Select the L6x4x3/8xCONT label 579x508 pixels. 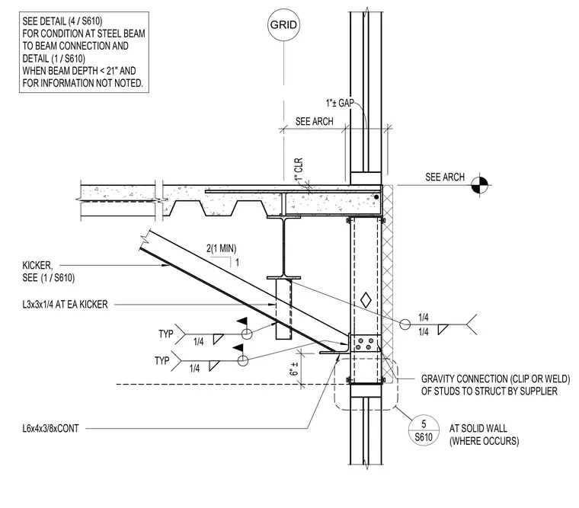[x=50, y=429]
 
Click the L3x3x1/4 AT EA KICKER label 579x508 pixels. [x=65, y=305]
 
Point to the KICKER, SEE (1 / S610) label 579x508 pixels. [x=48, y=271]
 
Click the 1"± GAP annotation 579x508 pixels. [x=340, y=103]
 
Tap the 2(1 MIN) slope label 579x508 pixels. [x=221, y=248]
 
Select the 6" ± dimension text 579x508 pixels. [x=294, y=368]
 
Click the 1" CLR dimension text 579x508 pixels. [x=299, y=169]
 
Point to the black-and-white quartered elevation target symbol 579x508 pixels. [x=480, y=184]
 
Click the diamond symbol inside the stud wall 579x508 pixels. [x=366, y=300]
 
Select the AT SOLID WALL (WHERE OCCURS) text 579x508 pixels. [x=484, y=435]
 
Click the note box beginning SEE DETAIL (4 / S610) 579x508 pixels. [x=84, y=52]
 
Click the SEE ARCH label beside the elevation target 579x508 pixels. [x=445, y=177]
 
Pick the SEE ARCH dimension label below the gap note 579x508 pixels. [x=314, y=121]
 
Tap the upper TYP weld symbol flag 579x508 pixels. [x=242, y=321]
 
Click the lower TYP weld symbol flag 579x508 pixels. [x=238, y=348]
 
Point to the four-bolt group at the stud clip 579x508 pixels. [x=363, y=343]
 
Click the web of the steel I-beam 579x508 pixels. [x=283, y=248]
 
